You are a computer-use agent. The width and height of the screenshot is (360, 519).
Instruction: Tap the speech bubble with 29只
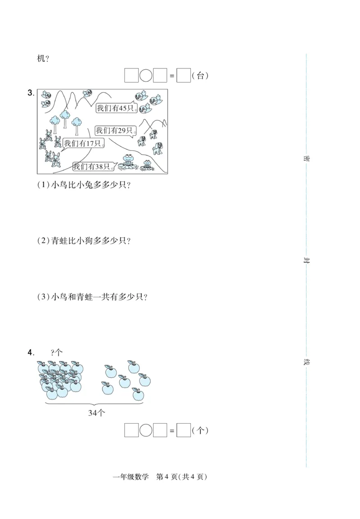coord(114,131)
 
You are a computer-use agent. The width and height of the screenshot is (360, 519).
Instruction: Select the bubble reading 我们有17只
coord(84,144)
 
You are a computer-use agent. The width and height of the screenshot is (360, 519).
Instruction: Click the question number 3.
coord(31,93)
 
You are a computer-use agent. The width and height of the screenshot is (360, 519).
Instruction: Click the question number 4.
coord(31,352)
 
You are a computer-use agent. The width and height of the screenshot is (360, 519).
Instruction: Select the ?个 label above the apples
coord(57,353)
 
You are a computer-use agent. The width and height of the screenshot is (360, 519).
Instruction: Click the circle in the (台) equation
coord(146,76)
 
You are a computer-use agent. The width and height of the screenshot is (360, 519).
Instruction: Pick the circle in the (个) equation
coord(146,430)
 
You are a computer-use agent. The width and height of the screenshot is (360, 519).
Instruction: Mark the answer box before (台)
coord(184,76)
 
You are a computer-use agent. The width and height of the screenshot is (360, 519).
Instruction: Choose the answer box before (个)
coord(184,430)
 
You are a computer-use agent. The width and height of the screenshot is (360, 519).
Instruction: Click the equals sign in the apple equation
coord(171,431)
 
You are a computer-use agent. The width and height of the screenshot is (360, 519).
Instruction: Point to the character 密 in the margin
coord(306,158)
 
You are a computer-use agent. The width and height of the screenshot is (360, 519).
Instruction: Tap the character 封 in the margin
coord(306,261)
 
